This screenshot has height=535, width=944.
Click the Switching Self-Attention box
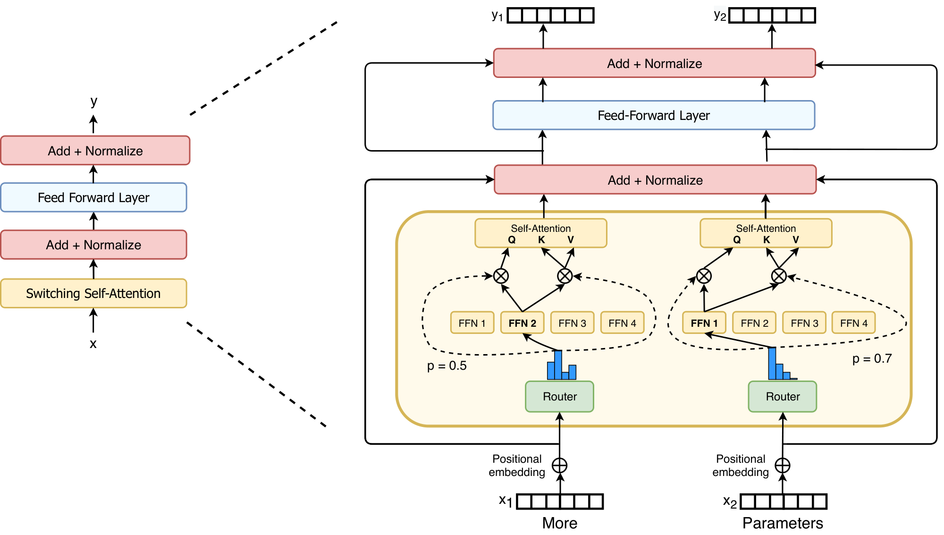(x=93, y=293)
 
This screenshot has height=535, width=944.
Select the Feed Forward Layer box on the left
(x=93, y=197)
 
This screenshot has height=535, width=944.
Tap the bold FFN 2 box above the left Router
(x=522, y=323)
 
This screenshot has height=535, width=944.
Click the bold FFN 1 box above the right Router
(x=704, y=323)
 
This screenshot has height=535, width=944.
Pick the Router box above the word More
(x=559, y=397)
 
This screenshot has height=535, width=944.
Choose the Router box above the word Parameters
(x=782, y=397)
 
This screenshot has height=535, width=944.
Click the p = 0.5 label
(x=447, y=366)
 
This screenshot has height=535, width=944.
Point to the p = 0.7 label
(x=872, y=359)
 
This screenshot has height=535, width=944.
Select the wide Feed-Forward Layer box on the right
(x=654, y=115)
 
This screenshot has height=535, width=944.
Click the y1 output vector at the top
(x=550, y=16)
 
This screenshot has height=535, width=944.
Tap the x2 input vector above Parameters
(x=784, y=501)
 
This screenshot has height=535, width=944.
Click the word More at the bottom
(x=559, y=523)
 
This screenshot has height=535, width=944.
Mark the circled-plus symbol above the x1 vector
(x=559, y=466)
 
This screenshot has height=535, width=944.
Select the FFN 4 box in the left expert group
(x=622, y=323)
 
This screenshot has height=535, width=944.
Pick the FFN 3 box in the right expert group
(x=804, y=323)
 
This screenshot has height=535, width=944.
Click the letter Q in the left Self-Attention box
(x=512, y=240)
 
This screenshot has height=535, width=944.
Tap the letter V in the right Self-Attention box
(x=796, y=240)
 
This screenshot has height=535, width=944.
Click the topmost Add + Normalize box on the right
(x=654, y=63)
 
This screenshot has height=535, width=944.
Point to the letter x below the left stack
(x=93, y=344)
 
